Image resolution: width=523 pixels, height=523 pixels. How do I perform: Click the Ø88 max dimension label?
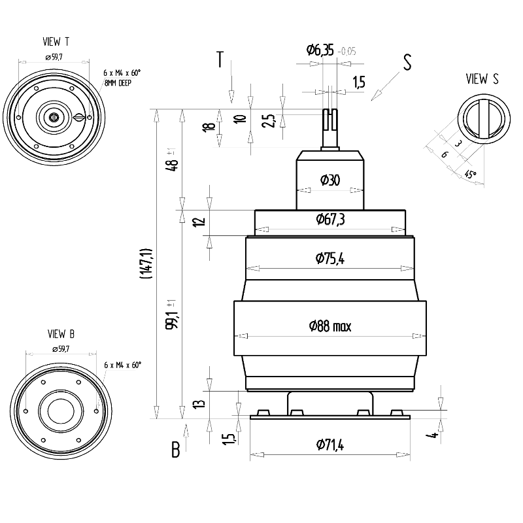[329, 326]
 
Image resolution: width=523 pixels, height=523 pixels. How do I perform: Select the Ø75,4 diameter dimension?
[329, 259]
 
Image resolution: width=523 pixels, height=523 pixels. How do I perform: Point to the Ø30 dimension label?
[329, 180]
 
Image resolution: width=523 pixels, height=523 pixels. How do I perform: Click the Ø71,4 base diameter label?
[329, 445]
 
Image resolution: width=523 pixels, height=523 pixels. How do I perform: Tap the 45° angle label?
[471, 175]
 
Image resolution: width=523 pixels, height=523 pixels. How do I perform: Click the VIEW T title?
[56, 42]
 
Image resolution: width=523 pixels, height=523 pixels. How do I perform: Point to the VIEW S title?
[482, 79]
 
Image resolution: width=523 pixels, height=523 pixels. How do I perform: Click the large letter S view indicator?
[407, 62]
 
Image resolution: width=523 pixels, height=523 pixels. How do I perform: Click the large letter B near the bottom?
[175, 450]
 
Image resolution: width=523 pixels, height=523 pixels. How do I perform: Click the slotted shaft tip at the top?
[330, 120]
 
